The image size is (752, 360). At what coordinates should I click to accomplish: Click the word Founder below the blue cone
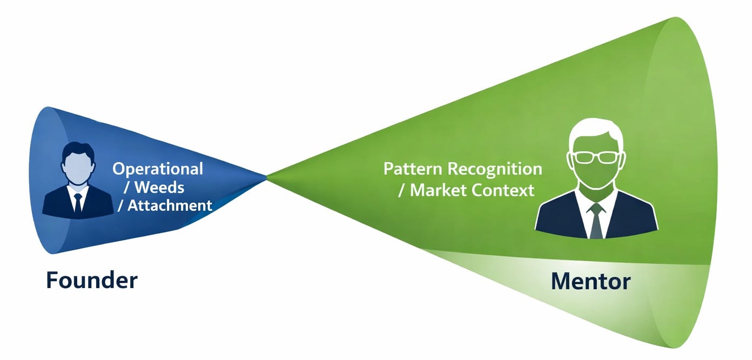click(x=91, y=281)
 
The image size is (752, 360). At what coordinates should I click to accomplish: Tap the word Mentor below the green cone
click(x=590, y=282)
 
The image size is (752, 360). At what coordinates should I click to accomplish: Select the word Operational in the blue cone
click(x=158, y=169)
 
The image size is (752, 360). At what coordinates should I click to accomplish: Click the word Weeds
click(x=159, y=187)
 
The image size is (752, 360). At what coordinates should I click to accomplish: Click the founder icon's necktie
click(x=78, y=202)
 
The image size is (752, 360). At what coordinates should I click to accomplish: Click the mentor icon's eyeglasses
click(x=595, y=157)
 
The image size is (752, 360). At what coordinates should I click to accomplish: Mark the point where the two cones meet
click(x=267, y=176)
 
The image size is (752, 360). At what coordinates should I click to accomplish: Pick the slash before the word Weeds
click(x=126, y=188)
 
